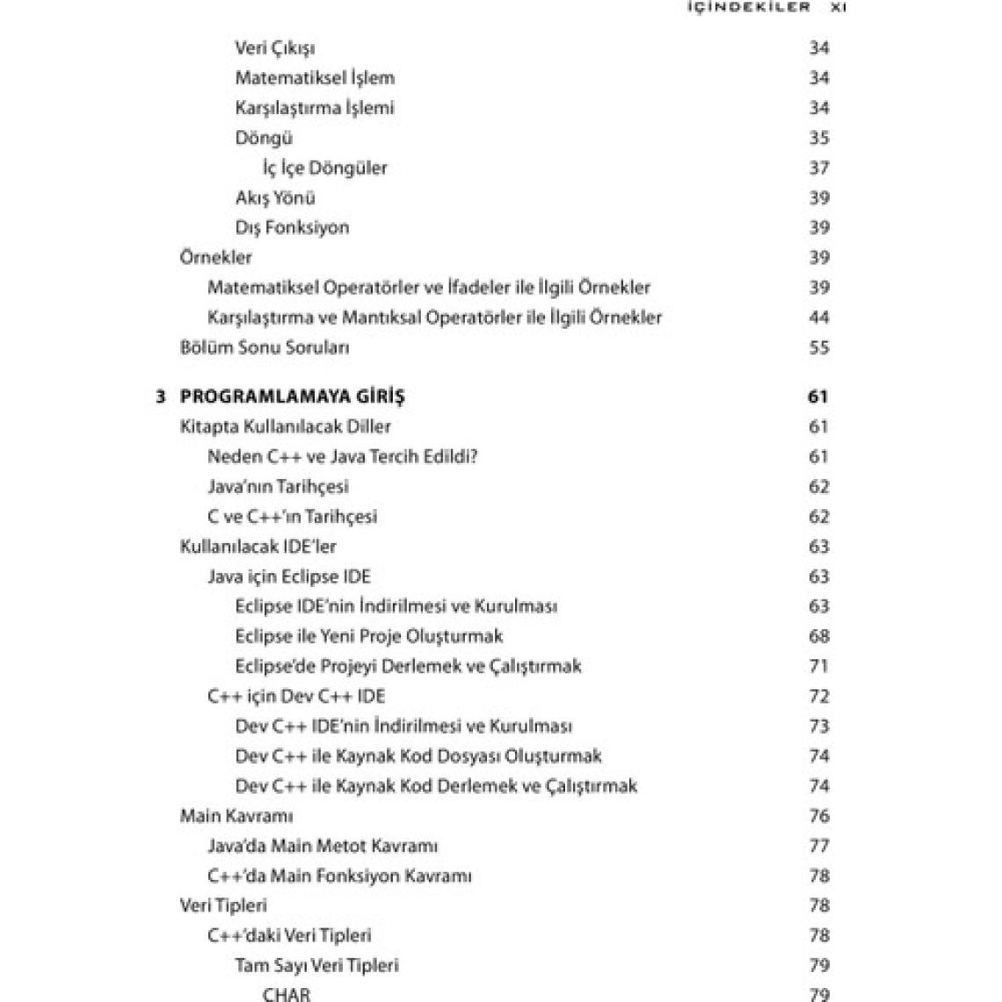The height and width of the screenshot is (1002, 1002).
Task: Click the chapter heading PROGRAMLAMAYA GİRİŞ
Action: click(x=292, y=397)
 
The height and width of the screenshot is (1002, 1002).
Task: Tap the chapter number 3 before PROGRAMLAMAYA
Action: click(x=160, y=397)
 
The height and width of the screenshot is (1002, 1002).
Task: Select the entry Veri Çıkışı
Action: click(x=275, y=48)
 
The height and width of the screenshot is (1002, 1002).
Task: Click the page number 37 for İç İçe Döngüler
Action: click(x=818, y=168)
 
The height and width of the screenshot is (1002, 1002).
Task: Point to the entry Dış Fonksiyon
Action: click(x=292, y=228)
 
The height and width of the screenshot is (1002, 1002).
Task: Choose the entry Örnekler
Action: click(x=215, y=258)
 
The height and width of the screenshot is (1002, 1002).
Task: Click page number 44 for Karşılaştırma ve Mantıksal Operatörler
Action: click(x=818, y=317)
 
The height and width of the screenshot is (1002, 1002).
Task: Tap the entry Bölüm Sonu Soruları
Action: click(x=265, y=347)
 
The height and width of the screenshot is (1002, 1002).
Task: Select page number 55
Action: click(x=818, y=347)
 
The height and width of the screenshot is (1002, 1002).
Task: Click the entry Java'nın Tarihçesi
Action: click(x=278, y=487)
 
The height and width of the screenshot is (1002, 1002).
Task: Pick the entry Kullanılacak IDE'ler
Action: click(x=258, y=547)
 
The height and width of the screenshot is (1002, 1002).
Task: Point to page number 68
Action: click(x=818, y=636)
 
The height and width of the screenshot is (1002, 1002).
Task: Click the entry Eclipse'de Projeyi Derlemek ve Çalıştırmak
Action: click(x=408, y=666)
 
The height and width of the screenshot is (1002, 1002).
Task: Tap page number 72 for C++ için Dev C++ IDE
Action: click(x=818, y=696)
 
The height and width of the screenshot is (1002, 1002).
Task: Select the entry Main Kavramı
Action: click(x=236, y=816)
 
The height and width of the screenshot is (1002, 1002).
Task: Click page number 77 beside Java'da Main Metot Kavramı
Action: click(x=818, y=846)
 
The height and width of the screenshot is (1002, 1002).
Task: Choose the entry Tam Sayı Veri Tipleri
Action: click(x=316, y=965)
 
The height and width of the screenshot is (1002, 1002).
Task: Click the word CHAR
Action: click(x=287, y=994)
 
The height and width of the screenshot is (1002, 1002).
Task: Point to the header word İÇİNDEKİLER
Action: click(x=747, y=7)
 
